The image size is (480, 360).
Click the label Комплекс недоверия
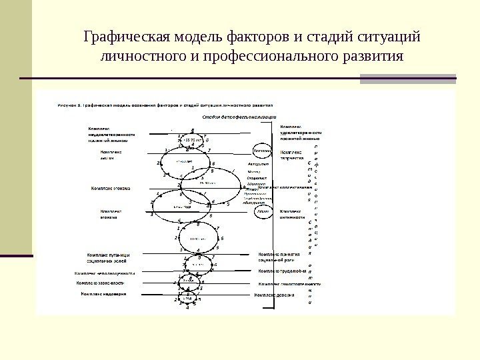103,293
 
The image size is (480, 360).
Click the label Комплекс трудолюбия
281,272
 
